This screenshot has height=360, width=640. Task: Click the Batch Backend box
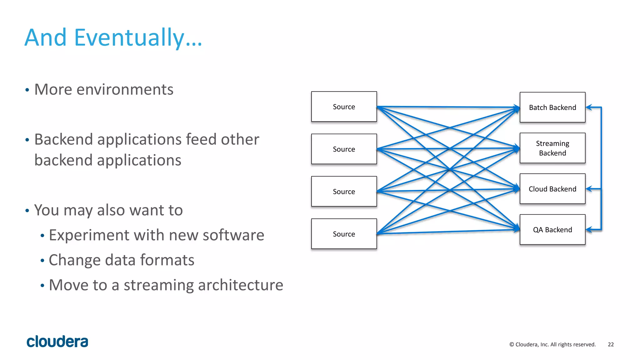[552, 107]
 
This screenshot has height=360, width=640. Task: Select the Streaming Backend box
[552, 148]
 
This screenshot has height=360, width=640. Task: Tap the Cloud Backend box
[552, 189]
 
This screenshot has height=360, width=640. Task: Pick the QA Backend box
[552, 230]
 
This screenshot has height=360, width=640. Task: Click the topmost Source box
[344, 107]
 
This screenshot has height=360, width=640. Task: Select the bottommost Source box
[344, 234]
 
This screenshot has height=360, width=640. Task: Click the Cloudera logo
[57, 342]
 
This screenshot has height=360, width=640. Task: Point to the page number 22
[611, 344]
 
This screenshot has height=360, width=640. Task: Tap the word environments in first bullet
[125, 90]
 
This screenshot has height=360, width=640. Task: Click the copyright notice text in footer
[552, 344]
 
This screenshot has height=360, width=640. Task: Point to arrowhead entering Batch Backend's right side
[589, 107]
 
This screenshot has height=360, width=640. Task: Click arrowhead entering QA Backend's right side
[589, 230]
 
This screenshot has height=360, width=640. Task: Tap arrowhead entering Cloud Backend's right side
[589, 189]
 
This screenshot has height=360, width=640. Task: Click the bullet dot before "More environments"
[27, 90]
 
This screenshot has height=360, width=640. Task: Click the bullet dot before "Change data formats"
[42, 261]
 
